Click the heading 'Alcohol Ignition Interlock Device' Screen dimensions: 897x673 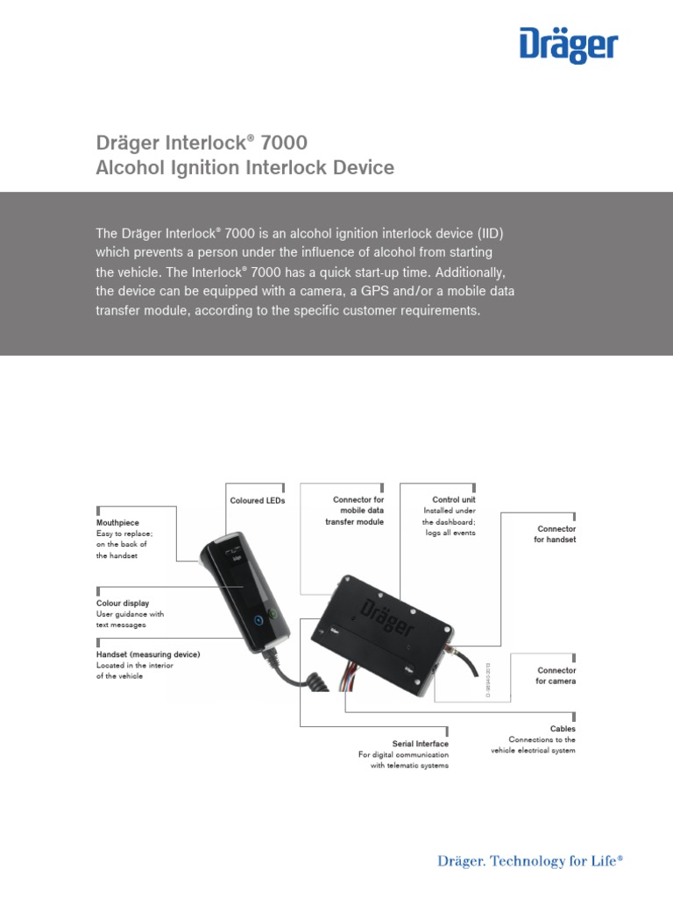[x=244, y=167]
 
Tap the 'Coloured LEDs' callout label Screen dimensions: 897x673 [x=258, y=501]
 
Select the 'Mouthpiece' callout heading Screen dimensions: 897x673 [x=117, y=522]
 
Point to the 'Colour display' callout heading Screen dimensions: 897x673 [x=123, y=604]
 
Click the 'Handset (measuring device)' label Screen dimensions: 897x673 [x=148, y=654]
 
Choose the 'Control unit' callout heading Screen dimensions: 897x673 [x=453, y=500]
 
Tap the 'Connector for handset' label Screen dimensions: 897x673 [x=556, y=534]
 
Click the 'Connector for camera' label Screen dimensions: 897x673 [x=556, y=675]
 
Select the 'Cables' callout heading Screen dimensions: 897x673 [x=563, y=728]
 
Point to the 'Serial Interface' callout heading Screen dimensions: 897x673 [x=420, y=744]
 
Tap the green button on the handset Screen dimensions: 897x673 [x=272, y=614]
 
